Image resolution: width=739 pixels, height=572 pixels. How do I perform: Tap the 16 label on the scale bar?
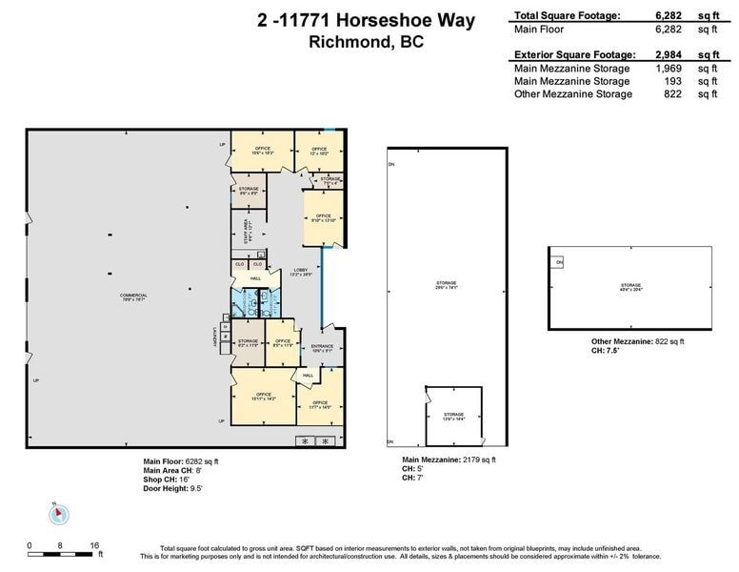click(x=94, y=546)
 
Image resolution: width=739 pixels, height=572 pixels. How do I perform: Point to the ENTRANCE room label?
click(x=322, y=348)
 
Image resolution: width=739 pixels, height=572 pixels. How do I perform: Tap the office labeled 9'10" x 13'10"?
click(x=323, y=218)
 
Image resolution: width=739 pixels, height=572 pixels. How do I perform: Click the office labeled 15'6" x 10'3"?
click(x=263, y=151)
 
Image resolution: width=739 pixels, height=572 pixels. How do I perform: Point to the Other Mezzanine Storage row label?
click(x=572, y=93)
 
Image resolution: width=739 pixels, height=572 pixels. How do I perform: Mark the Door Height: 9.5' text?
click(x=172, y=488)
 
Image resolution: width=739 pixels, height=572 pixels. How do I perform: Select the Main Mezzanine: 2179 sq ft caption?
click(x=449, y=460)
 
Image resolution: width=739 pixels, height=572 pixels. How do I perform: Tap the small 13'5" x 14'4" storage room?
click(x=453, y=416)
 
